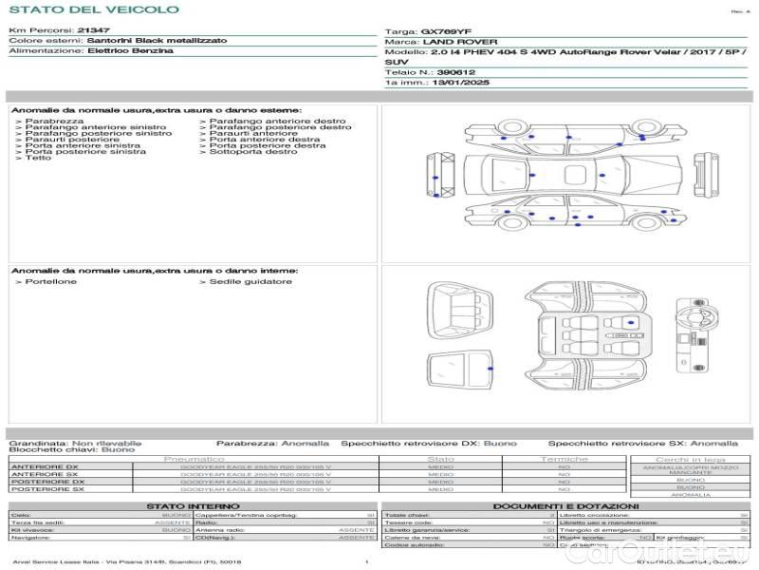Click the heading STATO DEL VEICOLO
[93, 9]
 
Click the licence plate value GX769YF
[445, 31]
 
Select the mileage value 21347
[94, 31]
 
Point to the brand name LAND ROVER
[452, 42]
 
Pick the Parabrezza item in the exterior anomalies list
[54, 122]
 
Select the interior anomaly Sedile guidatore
[250, 282]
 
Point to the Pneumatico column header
[194, 459]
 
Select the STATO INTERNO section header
[194, 506]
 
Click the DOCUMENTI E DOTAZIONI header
[566, 506]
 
